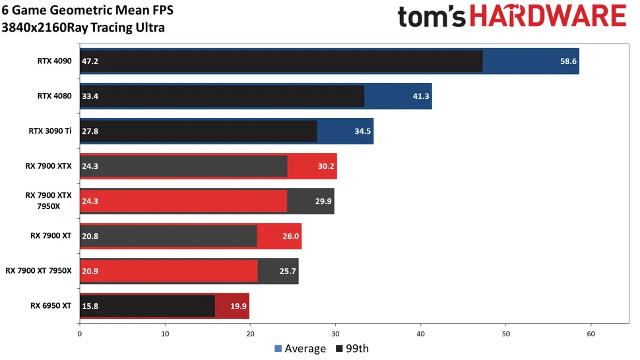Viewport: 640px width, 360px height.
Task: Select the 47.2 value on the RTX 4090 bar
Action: (x=90, y=61)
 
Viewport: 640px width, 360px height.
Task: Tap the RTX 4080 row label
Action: (x=54, y=96)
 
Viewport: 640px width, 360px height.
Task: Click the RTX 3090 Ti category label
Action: (x=49, y=131)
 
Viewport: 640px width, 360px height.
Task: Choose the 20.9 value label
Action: (x=90, y=271)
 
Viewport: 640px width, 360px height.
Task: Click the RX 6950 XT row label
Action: (x=51, y=305)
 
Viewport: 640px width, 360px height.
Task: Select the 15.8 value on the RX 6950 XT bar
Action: (x=90, y=306)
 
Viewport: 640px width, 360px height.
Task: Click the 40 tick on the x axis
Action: (x=421, y=334)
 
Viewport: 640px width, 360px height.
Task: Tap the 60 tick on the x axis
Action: (x=591, y=334)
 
